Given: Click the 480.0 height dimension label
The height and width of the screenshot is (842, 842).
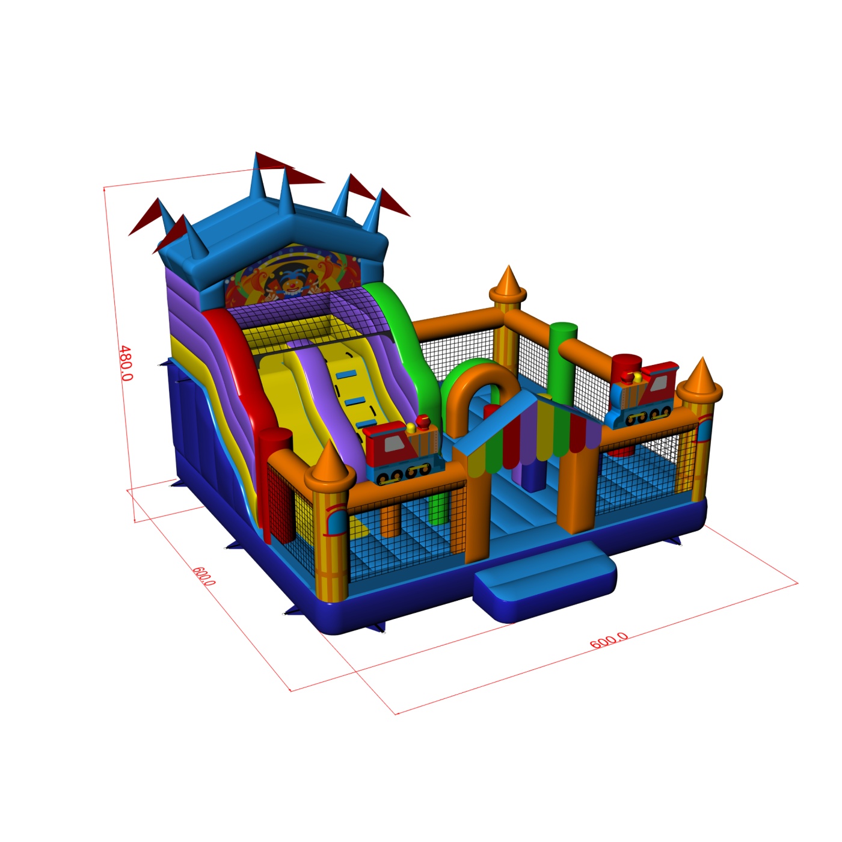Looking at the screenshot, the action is click(126, 363).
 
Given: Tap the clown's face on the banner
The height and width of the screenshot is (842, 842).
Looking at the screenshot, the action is click(289, 284).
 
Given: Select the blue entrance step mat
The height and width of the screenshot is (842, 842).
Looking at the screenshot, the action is click(545, 581).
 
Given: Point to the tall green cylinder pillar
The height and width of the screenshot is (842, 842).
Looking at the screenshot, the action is click(562, 363).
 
